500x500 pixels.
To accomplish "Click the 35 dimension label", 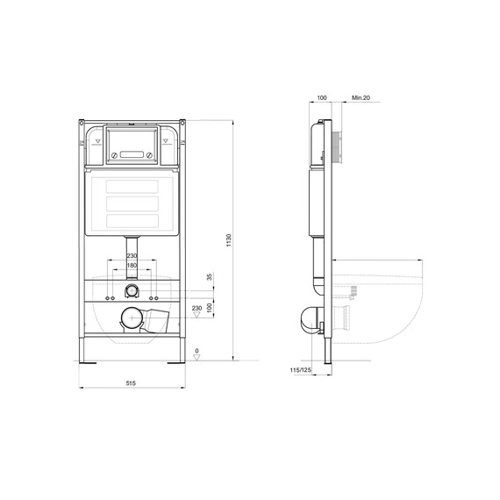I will (x=209, y=277).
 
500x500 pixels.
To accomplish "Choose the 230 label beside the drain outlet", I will (x=197, y=308).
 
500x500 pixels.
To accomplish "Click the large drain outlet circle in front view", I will (x=130, y=319).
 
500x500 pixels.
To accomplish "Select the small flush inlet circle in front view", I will (x=132, y=290).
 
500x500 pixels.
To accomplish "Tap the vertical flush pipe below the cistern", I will (x=132, y=248).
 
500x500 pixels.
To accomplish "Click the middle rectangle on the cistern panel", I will (x=131, y=201).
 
